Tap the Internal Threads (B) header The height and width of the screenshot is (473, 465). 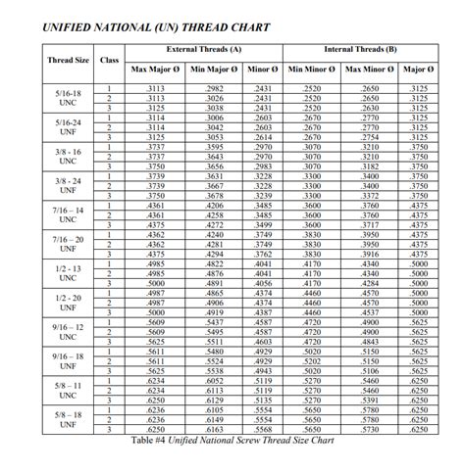[x=360, y=48]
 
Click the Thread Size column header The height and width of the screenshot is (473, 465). [x=69, y=60]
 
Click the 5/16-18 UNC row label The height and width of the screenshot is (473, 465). [x=68, y=99]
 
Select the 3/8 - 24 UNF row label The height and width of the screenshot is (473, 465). [x=68, y=186]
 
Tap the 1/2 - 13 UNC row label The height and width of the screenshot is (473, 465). [x=68, y=272]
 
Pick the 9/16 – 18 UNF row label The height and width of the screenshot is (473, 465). [x=68, y=359]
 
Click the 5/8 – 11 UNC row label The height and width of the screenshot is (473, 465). [x=68, y=389]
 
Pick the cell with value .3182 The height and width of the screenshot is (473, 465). [x=370, y=167]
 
